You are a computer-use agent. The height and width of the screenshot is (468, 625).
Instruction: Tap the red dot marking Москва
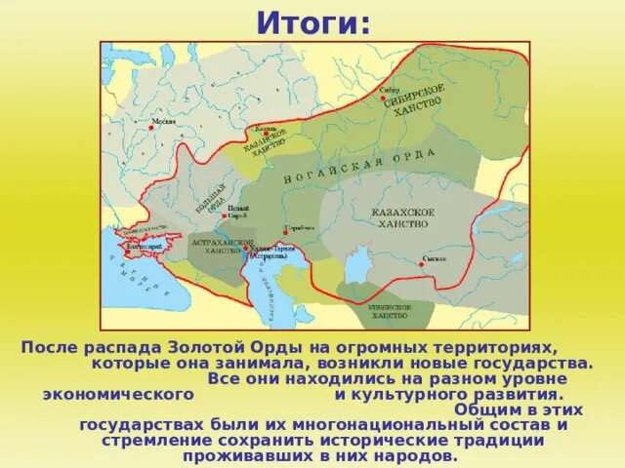click(x=151, y=124)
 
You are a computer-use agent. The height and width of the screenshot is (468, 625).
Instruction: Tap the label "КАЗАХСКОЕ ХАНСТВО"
click(x=402, y=217)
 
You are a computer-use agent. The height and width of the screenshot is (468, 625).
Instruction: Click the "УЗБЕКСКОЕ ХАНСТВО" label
click(x=388, y=311)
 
